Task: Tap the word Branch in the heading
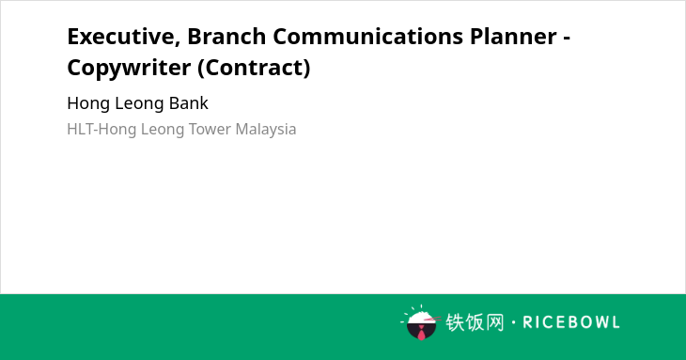226,36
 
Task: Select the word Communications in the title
368,36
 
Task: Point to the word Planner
514,36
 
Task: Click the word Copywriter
129,69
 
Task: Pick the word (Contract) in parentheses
254,68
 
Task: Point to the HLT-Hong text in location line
101,130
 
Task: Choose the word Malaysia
266,130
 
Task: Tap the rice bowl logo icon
421,322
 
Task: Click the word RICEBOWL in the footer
571,322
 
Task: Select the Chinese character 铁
455,322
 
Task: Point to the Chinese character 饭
475,322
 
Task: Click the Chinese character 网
495,322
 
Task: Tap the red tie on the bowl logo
421,333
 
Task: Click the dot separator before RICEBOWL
513,322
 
